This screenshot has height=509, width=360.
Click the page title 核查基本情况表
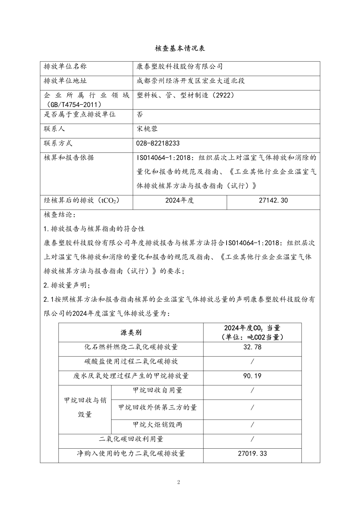[x=180, y=49]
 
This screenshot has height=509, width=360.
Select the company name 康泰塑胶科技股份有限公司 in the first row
[x=179, y=66]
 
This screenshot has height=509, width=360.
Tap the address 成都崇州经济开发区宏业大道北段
[x=190, y=81]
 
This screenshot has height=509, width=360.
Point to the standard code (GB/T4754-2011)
[x=72, y=104]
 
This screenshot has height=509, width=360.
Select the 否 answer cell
[x=140, y=114]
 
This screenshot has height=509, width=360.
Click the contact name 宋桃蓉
[x=147, y=129]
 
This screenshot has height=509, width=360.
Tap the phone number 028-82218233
[x=158, y=143]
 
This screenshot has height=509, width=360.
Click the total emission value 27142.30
[x=273, y=200]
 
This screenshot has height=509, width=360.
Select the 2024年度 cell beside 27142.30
[x=179, y=200]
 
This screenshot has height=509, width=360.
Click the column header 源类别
[x=131, y=333]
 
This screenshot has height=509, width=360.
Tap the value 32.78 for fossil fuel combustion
[x=252, y=347]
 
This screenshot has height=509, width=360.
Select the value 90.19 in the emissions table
[x=252, y=376]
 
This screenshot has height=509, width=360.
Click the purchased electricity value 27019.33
[x=252, y=453]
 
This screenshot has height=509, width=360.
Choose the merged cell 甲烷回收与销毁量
[x=85, y=407]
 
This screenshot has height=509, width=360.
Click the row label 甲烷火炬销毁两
[x=157, y=424]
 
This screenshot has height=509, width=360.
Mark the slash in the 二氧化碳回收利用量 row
[x=252, y=439]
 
